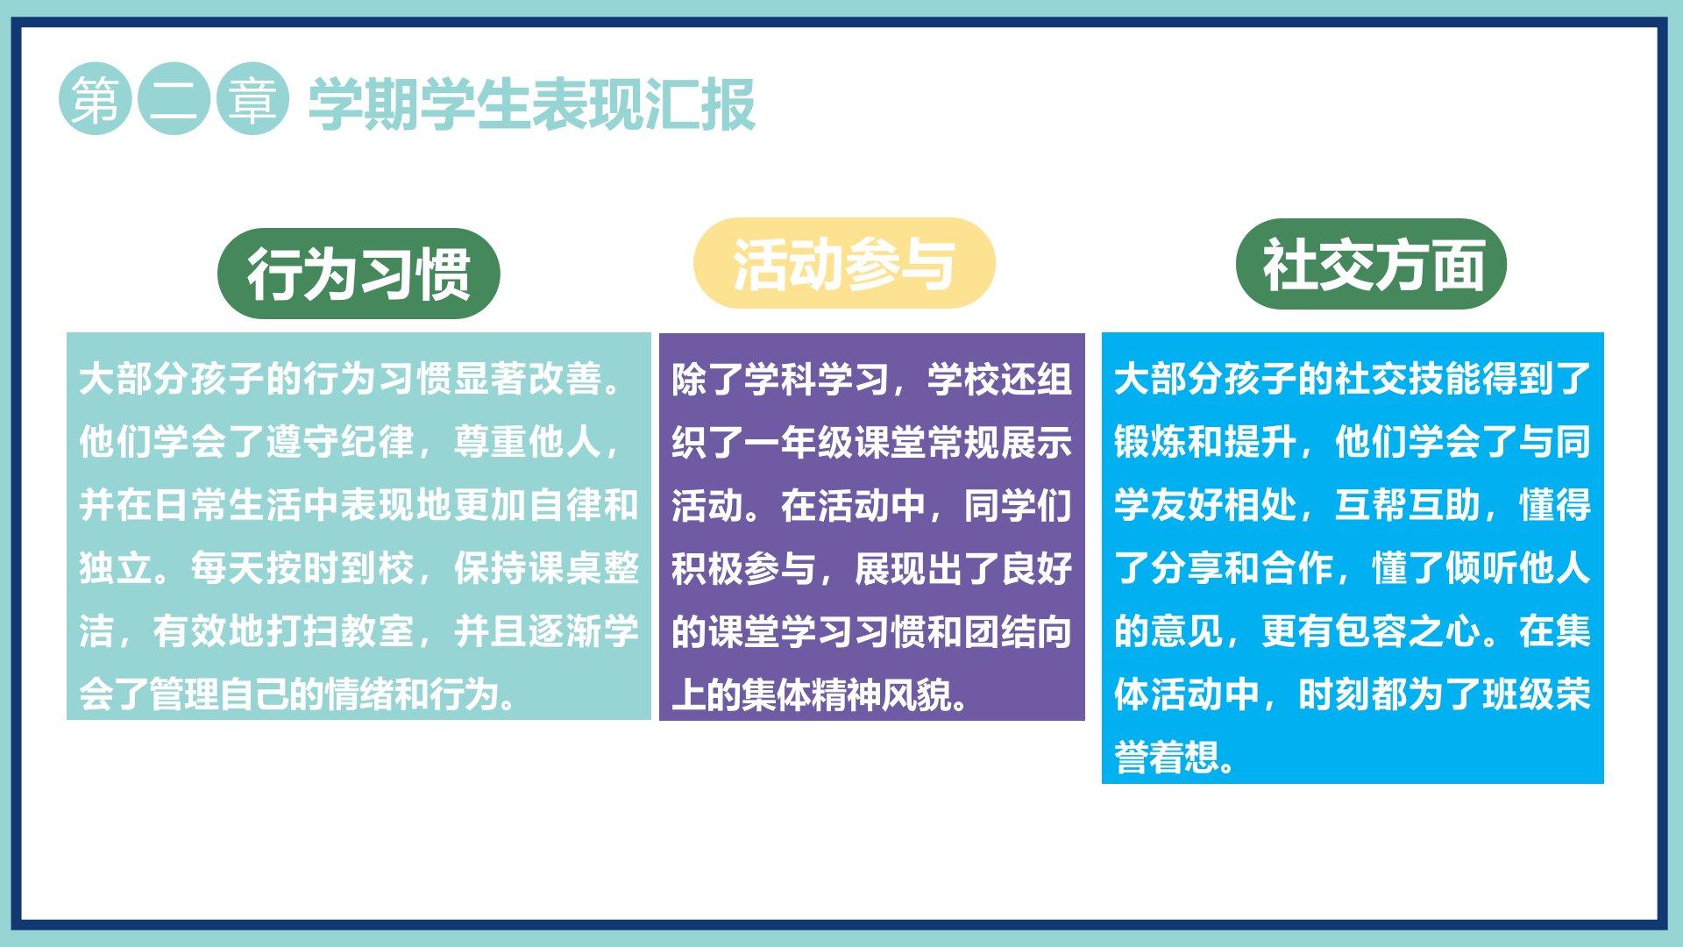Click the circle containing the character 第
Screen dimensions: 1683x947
[x=96, y=98]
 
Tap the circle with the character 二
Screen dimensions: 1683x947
[x=174, y=98]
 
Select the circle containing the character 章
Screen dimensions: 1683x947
[x=252, y=98]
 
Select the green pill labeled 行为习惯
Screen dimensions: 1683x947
[x=359, y=274]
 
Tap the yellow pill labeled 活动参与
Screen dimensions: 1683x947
[x=844, y=263]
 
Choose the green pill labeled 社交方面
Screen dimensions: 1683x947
[x=1371, y=264]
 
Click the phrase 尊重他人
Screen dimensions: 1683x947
[x=527, y=442]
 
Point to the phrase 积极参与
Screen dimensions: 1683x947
[x=744, y=568]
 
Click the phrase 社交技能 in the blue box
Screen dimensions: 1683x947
[x=1408, y=379]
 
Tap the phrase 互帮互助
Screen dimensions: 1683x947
[x=1408, y=505]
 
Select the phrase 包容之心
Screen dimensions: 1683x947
[x=1408, y=631]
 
